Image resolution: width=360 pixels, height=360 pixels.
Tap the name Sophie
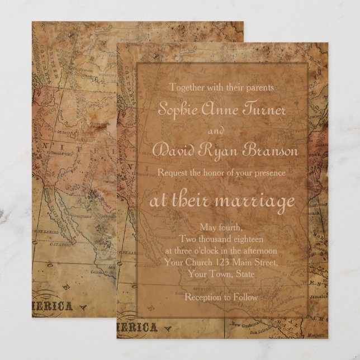(x=177, y=108)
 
